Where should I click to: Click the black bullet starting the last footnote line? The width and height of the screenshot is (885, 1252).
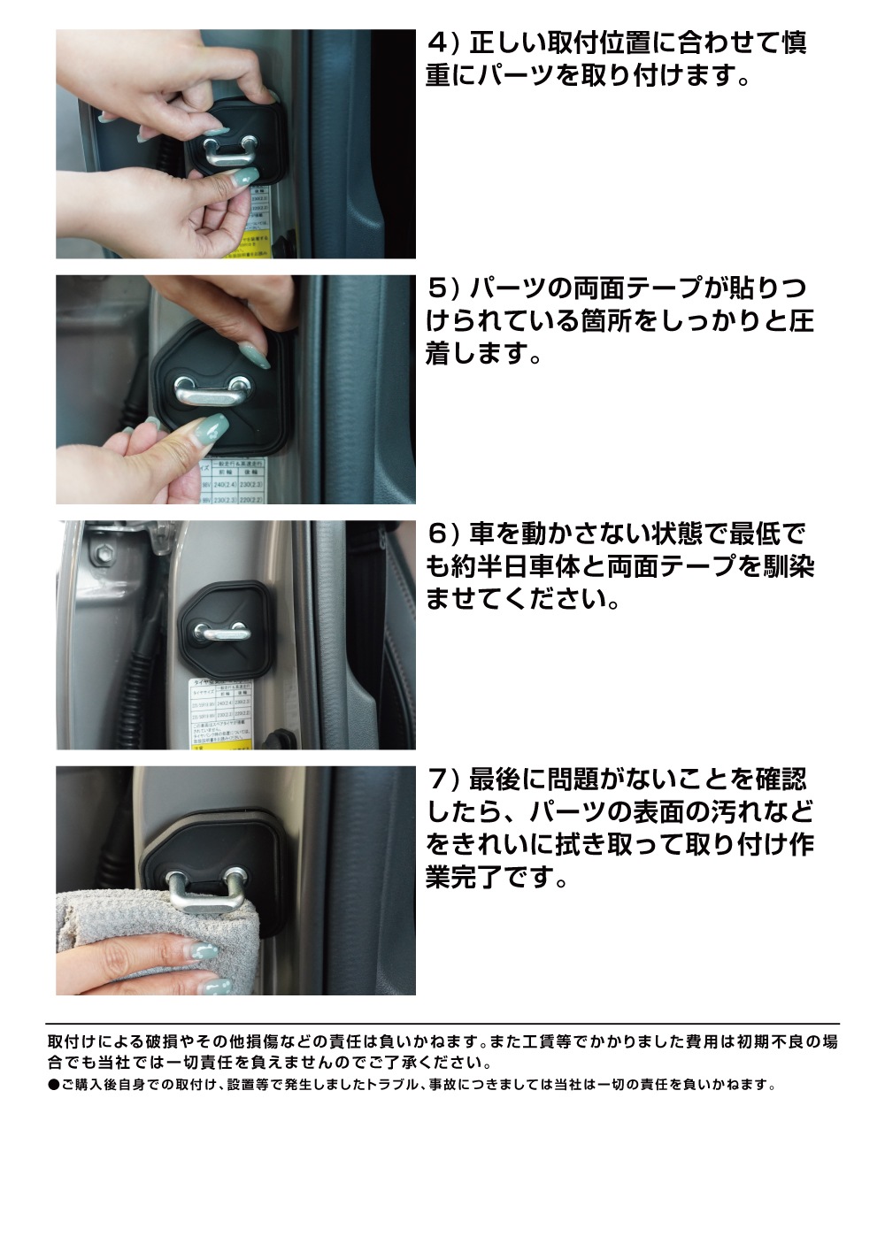[x=53, y=1085]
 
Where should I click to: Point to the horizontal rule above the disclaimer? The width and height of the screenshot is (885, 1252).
[x=442, y=1024]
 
